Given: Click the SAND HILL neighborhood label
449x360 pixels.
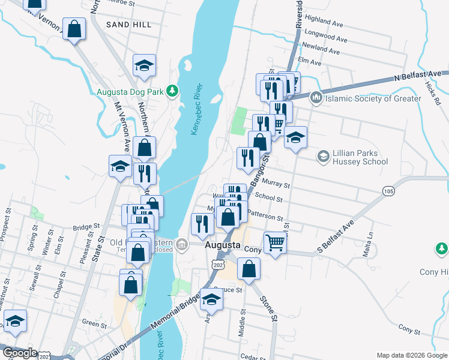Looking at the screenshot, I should pyautogui.click(x=128, y=25).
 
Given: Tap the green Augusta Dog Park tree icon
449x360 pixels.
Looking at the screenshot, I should pyautogui.click(x=173, y=91).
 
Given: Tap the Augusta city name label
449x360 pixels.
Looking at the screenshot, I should pyautogui.click(x=223, y=246).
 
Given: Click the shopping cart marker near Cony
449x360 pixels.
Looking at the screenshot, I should pyautogui.click(x=275, y=243).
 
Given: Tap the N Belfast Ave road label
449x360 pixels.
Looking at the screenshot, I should pyautogui.click(x=414, y=77).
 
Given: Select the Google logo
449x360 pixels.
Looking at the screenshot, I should pyautogui.click(x=20, y=353).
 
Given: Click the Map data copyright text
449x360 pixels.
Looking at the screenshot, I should pyautogui.click(x=412, y=355).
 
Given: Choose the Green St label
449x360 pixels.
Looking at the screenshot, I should pyautogui.click(x=94, y=323).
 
